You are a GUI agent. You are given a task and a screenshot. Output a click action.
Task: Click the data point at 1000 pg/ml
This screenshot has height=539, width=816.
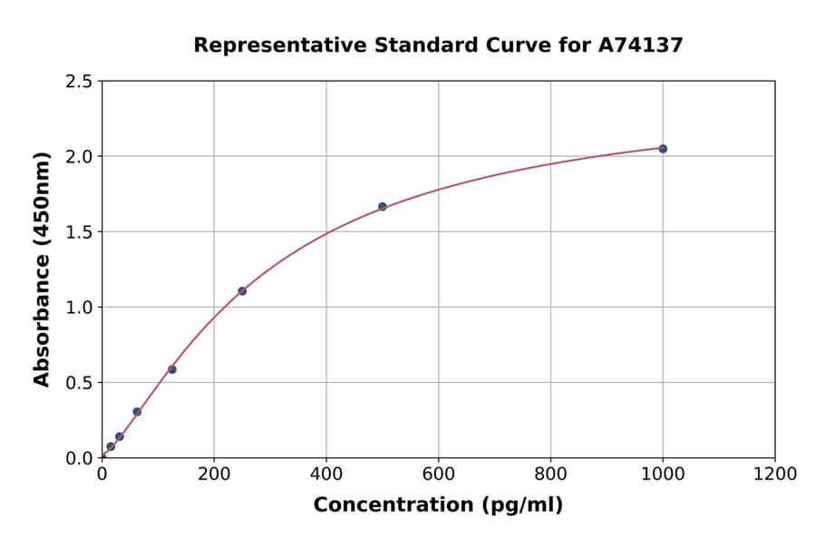coord(663,149)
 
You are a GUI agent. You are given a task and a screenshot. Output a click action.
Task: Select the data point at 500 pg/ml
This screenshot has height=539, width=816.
coord(383,207)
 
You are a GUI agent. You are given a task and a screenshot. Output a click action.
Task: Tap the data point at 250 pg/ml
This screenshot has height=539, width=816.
coord(242,291)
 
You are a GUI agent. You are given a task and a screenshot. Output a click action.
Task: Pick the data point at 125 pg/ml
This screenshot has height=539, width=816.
coord(172,369)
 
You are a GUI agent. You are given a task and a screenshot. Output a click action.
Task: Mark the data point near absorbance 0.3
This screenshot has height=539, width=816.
coord(137,412)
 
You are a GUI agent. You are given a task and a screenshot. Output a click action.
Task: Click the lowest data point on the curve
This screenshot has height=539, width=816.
coord(111,446)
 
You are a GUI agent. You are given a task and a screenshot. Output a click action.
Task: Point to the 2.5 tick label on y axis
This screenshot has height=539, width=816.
coord(79,82)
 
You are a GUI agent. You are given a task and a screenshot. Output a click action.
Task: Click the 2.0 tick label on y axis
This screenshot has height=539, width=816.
coord(79,157)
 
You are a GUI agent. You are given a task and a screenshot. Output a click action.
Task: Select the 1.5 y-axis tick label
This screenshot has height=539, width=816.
coord(79,232)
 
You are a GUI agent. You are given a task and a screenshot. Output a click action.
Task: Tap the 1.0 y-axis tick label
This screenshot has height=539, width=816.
coord(79,308)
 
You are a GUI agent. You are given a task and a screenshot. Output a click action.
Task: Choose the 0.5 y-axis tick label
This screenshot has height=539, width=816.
coord(79,383)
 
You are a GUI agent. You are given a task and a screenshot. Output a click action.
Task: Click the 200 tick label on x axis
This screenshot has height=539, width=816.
coord(214,475)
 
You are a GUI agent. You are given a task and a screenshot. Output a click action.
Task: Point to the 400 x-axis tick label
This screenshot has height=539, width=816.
coord(326,475)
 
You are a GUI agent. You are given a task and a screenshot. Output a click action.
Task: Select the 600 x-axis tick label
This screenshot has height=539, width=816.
coord(439,475)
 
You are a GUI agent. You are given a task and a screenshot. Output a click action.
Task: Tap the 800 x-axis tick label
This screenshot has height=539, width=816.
coord(550,475)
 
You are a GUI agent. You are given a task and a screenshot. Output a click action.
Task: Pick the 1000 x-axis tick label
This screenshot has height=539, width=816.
coord(663,475)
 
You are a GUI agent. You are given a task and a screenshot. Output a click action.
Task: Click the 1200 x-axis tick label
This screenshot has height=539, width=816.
coord(775,475)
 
